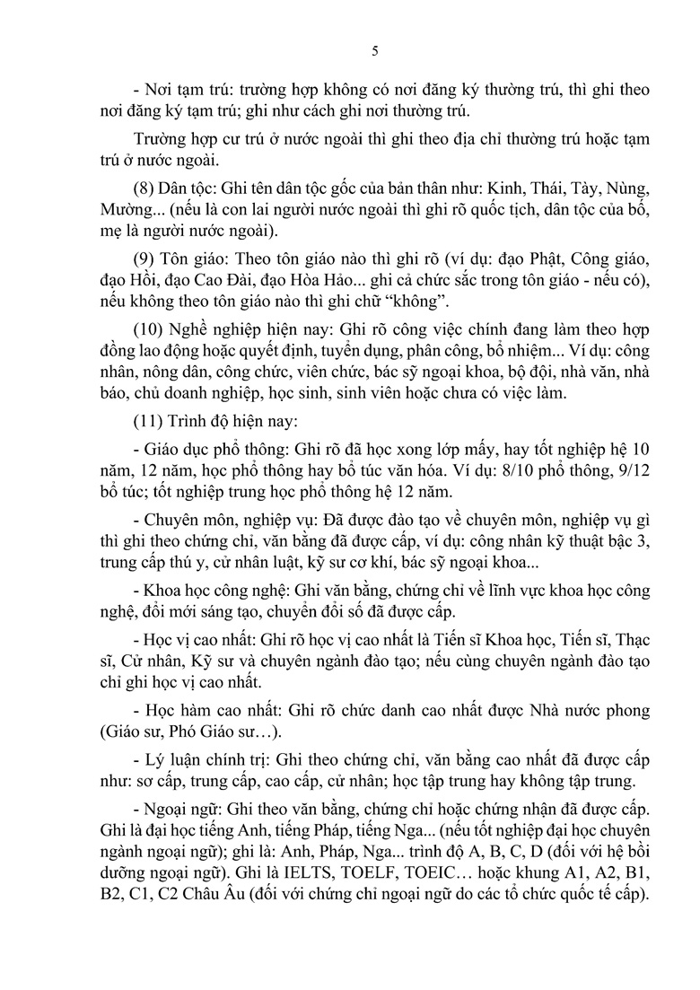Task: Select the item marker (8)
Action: pos(147,188)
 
